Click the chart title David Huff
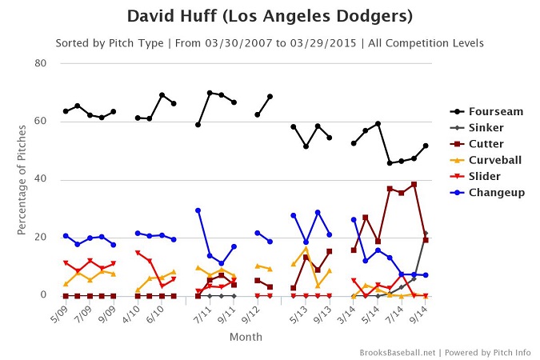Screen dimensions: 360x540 (x=270, y=17)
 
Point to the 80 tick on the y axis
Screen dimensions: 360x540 (x=40, y=63)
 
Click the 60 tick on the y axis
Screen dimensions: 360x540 (x=40, y=122)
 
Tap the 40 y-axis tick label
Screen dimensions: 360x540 (x=40, y=179)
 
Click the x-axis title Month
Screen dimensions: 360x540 (x=246, y=338)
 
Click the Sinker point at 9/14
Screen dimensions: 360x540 (x=426, y=233)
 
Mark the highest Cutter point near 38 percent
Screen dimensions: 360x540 (x=414, y=184)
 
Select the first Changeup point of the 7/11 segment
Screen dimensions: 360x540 (x=198, y=210)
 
